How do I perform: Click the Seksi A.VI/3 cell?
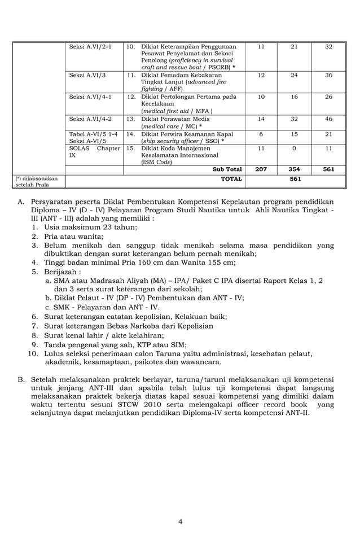pyautogui.click(x=87, y=75)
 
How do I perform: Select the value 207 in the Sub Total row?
pyautogui.click(x=261, y=169)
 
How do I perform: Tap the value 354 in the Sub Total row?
pyautogui.click(x=294, y=169)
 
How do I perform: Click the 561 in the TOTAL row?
pyautogui.click(x=295, y=179)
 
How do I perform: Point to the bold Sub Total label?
pyautogui.click(x=227, y=169)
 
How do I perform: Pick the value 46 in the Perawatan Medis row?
pyautogui.click(x=328, y=119)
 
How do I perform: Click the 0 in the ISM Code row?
pyautogui.click(x=294, y=148)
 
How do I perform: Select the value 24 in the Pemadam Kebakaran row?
pyautogui.click(x=294, y=75)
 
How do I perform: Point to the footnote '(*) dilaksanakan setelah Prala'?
pyautogui.click(x=36, y=181)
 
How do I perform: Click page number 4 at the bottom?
pyautogui.click(x=180, y=521)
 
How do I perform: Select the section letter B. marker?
pyautogui.click(x=21, y=379)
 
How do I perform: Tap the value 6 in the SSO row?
pyautogui.click(x=261, y=134)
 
